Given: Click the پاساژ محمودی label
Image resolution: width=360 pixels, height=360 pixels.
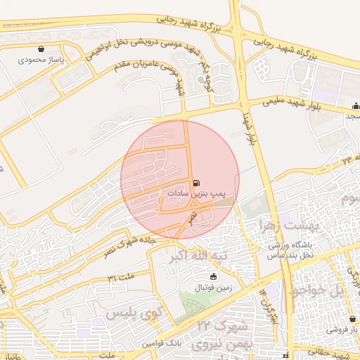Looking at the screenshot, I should [x=42, y=60].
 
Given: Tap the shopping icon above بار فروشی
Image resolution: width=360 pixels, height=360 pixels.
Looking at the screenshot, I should [x=355, y=318].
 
